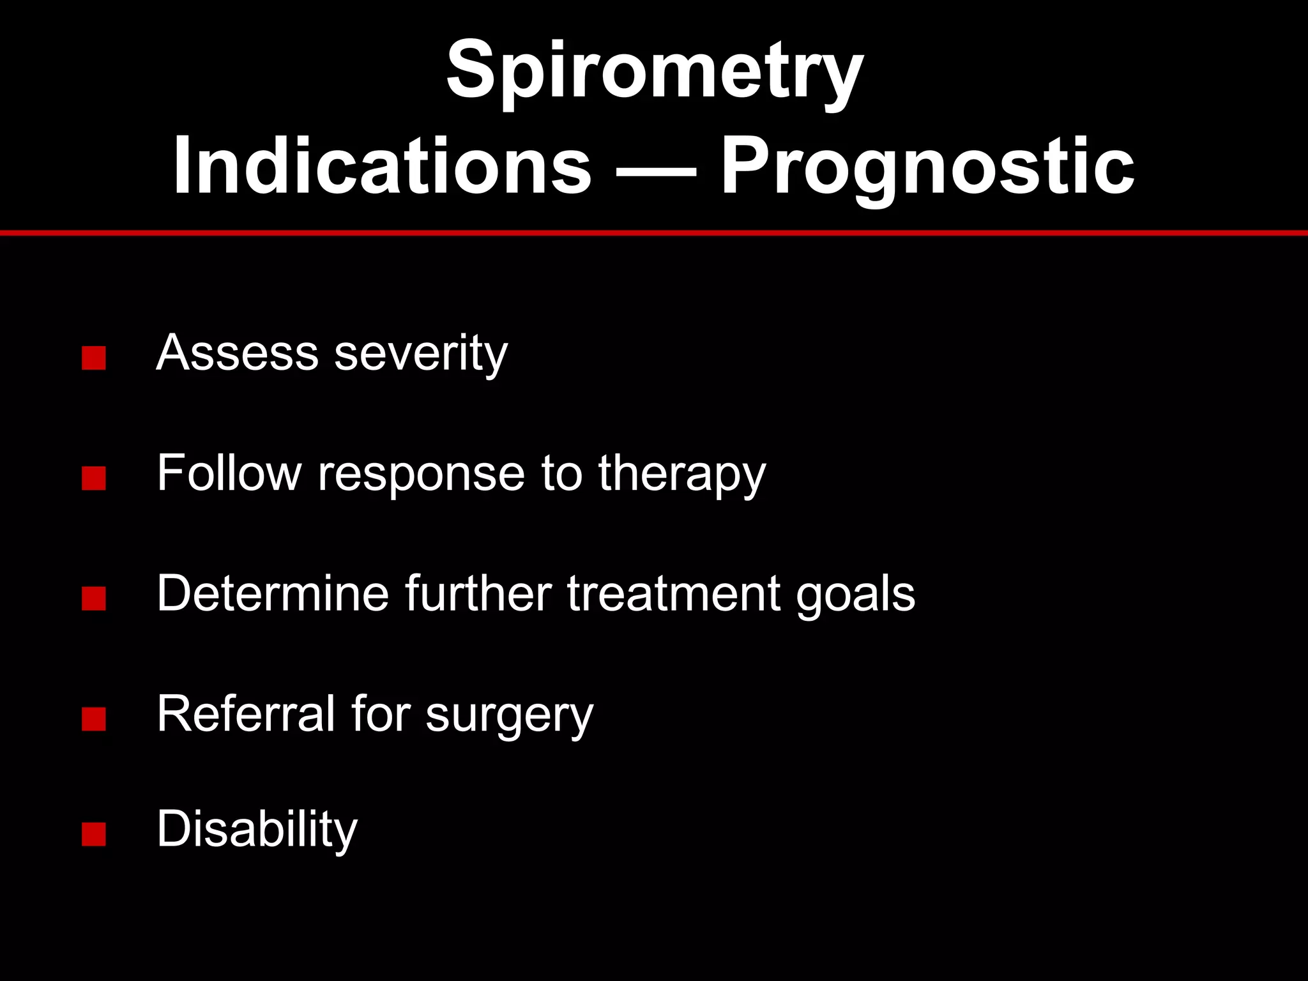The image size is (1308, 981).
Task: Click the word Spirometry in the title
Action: click(654, 70)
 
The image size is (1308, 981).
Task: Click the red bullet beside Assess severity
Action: click(93, 358)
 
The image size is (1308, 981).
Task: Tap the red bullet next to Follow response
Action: click(93, 479)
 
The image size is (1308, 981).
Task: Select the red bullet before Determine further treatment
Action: click(93, 599)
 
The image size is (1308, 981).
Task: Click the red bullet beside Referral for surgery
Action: click(93, 720)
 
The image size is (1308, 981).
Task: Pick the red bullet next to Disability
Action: click(93, 834)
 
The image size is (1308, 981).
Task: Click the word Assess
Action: click(237, 352)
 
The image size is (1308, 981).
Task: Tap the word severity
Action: click(421, 353)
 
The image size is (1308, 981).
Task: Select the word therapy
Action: click(681, 474)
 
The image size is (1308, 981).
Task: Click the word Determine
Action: click(273, 593)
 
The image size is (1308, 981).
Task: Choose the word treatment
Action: click(674, 594)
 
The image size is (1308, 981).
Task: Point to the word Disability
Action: click(257, 829)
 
